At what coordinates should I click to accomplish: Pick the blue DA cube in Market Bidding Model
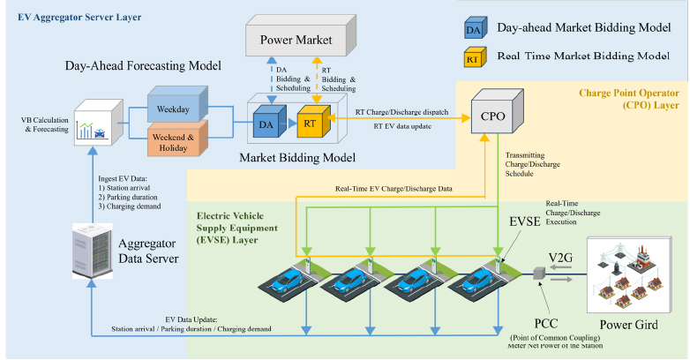[266, 125]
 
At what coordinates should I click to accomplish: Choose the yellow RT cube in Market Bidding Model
[310, 125]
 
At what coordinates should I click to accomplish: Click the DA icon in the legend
[475, 30]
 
